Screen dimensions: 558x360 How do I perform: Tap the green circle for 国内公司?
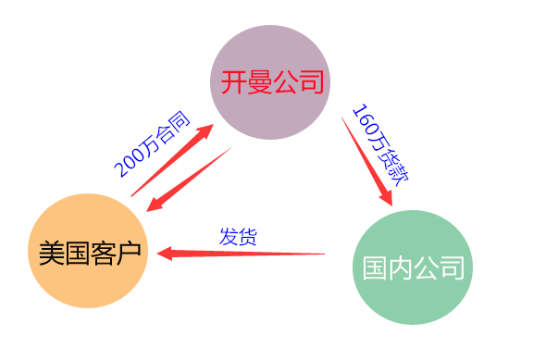coord(412,267)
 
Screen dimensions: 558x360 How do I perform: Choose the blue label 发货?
coord(238,235)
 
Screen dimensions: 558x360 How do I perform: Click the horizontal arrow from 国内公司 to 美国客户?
coord(245,252)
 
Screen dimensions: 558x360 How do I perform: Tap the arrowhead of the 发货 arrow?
coord(167,251)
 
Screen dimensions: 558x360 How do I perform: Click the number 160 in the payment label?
coord(363,121)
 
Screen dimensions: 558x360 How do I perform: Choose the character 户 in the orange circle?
coord(131,251)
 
